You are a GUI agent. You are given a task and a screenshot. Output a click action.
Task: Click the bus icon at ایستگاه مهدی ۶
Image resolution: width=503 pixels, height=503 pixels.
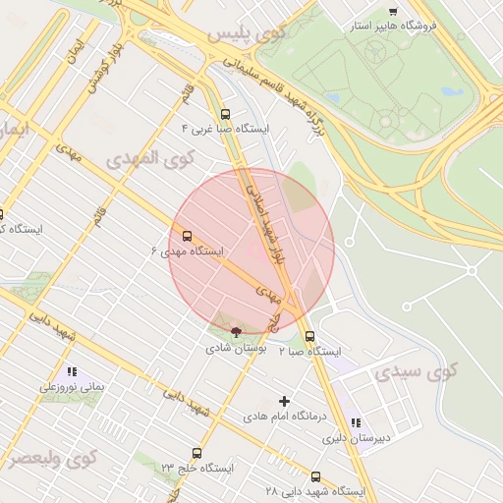(187, 236)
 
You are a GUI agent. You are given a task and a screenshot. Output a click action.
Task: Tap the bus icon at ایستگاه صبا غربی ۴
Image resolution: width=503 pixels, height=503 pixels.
(227, 113)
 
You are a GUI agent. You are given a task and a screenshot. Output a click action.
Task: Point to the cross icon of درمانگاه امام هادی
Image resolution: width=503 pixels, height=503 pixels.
(285, 401)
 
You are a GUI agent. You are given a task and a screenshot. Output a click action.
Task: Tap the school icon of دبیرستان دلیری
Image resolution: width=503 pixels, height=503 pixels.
(356, 422)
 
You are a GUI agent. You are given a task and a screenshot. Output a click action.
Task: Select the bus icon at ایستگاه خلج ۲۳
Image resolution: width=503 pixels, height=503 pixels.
(197, 453)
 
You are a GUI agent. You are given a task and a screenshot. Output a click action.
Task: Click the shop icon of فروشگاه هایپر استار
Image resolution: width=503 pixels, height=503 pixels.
(393, 11)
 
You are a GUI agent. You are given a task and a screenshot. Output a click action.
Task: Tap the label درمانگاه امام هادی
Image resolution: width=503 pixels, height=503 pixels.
(285, 417)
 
